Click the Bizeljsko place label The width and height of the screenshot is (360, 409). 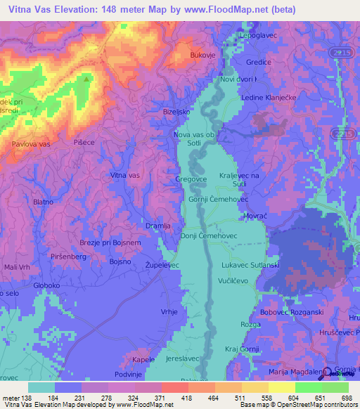[x=177, y=112]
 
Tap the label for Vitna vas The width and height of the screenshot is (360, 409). [x=126, y=174]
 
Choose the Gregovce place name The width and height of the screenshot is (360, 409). [x=190, y=179]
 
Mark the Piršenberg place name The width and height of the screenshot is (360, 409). [x=69, y=257]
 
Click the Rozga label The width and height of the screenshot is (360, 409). [x=250, y=324]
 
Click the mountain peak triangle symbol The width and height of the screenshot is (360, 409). [x=87, y=79]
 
